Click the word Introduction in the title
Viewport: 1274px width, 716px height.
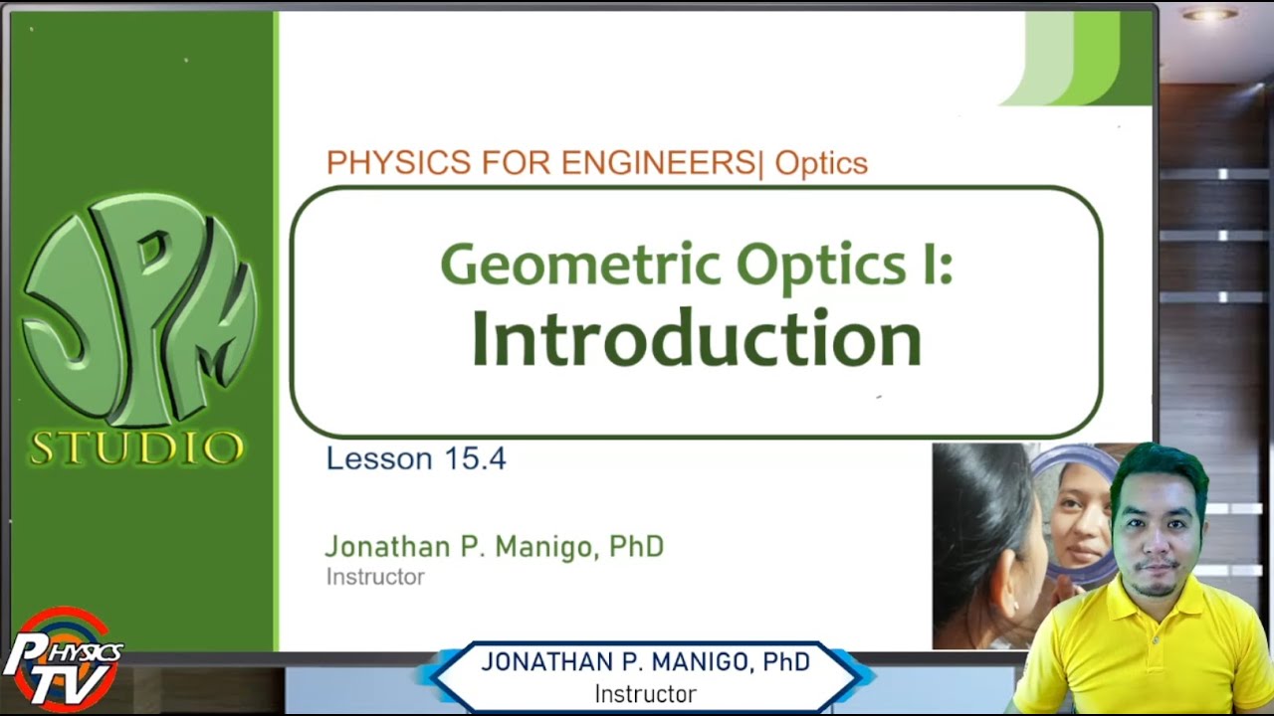tap(696, 339)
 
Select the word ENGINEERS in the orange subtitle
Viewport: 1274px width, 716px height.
tap(658, 162)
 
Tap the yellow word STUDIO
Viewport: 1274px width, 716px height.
tap(136, 448)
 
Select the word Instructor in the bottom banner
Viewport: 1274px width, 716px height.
tap(645, 693)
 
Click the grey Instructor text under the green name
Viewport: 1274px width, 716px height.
tap(375, 577)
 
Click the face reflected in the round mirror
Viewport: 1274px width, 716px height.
tap(1082, 517)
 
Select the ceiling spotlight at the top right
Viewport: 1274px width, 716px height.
tap(1210, 14)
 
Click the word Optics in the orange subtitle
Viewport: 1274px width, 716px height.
tap(821, 162)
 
